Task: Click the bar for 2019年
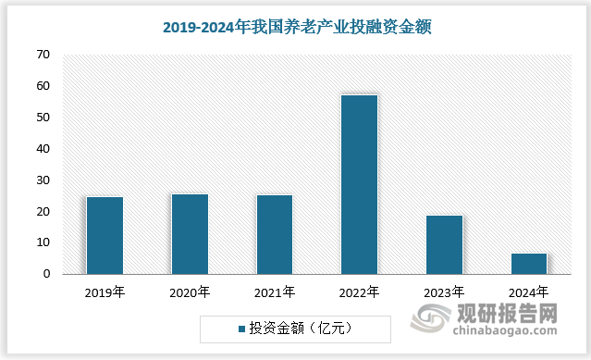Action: click(105, 235)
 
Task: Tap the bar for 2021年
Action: click(274, 234)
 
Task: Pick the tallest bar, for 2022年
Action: click(359, 184)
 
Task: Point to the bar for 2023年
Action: click(444, 244)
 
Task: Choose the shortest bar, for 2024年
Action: click(529, 264)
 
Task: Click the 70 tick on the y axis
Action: click(43, 55)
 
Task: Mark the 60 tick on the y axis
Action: click(43, 86)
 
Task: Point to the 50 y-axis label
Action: click(43, 118)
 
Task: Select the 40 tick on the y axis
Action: click(43, 149)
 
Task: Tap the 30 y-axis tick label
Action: click(43, 180)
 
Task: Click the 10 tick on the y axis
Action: click(43, 242)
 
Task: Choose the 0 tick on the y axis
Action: click(45, 274)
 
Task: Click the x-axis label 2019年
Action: click(105, 292)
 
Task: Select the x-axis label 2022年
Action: click(359, 292)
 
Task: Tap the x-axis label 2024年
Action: click(529, 292)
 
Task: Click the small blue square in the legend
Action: click(240, 329)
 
